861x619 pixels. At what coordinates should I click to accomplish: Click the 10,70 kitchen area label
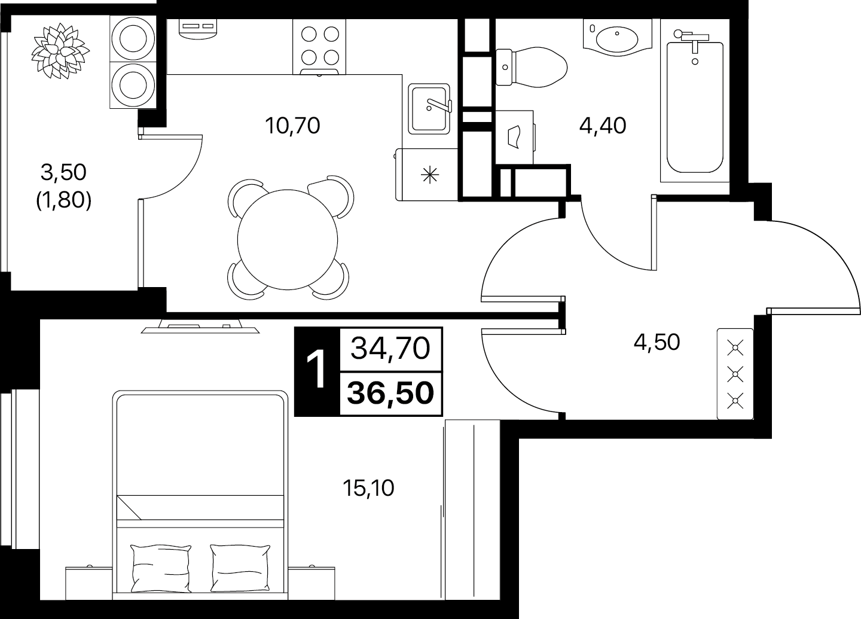point(292,126)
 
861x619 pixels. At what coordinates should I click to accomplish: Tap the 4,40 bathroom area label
point(603,126)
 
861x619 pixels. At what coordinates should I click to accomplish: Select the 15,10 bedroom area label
point(368,488)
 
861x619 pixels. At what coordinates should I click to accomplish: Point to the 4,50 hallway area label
point(657,342)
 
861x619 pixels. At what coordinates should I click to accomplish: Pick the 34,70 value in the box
point(390,348)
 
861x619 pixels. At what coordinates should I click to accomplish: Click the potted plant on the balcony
point(60,51)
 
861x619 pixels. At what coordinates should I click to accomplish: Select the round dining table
point(288,239)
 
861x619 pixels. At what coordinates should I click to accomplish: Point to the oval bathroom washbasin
point(616,39)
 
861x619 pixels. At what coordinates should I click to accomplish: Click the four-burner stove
point(319,47)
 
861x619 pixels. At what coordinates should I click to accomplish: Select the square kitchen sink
point(429,109)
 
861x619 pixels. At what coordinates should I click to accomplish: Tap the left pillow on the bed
point(161,568)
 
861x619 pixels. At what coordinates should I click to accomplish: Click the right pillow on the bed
point(240,568)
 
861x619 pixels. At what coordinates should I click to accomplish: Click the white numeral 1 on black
point(317,371)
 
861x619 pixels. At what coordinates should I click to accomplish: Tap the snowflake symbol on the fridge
point(430,175)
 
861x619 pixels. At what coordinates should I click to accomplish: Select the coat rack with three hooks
point(735,374)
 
